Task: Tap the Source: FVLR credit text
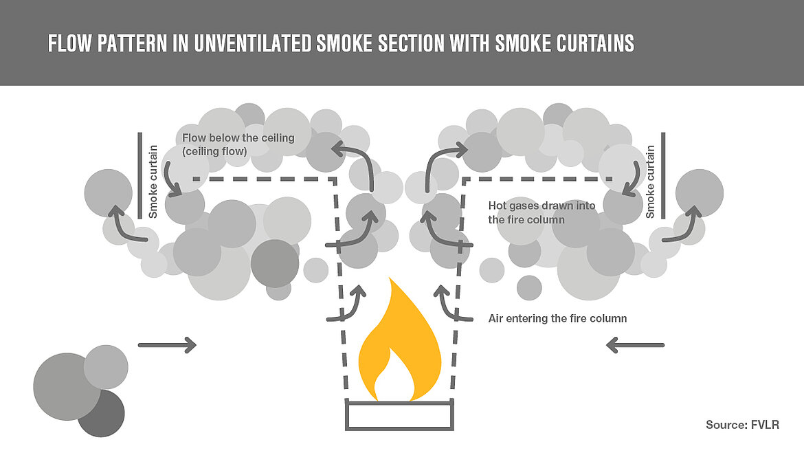coord(742,425)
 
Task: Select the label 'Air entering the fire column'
coord(557,319)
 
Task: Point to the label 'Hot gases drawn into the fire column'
coord(541,212)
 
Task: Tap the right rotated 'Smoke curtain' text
coord(649,181)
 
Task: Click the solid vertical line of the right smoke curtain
coord(664,176)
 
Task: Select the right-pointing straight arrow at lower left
coord(167,344)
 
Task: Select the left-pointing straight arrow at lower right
coord(636,344)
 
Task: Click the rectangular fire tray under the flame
coord(399,415)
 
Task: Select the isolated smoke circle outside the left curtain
coord(108,192)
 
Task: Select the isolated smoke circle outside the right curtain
coord(699,193)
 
